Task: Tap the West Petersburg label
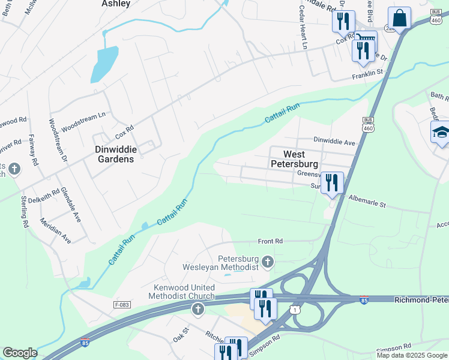tap(294, 158)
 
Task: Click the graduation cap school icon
tap(441, 133)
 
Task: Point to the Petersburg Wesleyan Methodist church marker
tap(268, 262)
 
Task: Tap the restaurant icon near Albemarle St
tap(331, 182)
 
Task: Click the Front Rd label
tap(270, 241)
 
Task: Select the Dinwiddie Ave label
tap(335, 142)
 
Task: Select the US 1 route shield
tap(294, 309)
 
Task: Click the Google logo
tap(20, 353)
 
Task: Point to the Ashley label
tap(116, 4)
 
